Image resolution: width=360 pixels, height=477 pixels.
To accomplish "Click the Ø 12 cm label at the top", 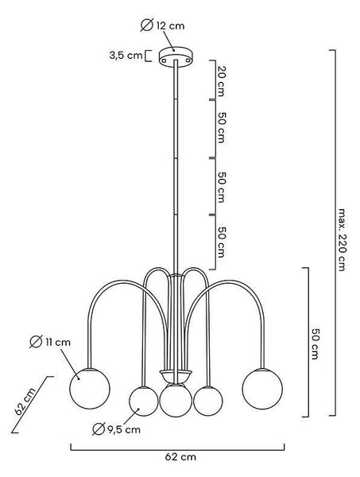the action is [162, 25].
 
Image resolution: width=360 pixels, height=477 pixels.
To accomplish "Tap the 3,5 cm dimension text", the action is [126, 56].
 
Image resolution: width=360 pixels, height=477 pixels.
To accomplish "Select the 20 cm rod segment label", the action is [221, 80].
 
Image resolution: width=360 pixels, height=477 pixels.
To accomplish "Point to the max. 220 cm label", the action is [342, 240].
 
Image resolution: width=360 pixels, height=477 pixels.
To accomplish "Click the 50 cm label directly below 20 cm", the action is [221, 127].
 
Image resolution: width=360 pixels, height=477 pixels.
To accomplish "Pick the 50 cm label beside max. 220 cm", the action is [315, 343].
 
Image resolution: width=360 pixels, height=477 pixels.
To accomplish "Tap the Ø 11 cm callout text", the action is [50, 342].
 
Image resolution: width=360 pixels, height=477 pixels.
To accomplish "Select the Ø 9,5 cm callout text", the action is [116, 429].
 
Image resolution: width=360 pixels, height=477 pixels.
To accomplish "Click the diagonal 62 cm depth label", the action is [25, 401].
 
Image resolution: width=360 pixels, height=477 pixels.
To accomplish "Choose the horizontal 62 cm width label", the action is [180, 456].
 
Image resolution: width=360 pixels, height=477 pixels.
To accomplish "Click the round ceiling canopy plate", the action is [176, 56].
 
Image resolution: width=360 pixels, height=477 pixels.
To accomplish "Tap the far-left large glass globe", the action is [90, 389].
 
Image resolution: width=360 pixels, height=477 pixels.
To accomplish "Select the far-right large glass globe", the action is [262, 389].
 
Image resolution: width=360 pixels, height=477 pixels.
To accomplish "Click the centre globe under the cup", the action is [176, 401].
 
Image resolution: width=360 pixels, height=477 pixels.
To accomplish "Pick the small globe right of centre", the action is [208, 401].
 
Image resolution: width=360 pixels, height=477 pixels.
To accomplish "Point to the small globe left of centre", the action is [144, 401].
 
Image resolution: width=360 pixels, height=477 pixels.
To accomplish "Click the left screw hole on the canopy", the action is [165, 60].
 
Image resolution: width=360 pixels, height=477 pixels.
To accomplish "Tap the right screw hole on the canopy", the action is [188, 60].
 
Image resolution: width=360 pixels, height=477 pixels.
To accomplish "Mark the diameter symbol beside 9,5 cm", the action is [99, 429].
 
